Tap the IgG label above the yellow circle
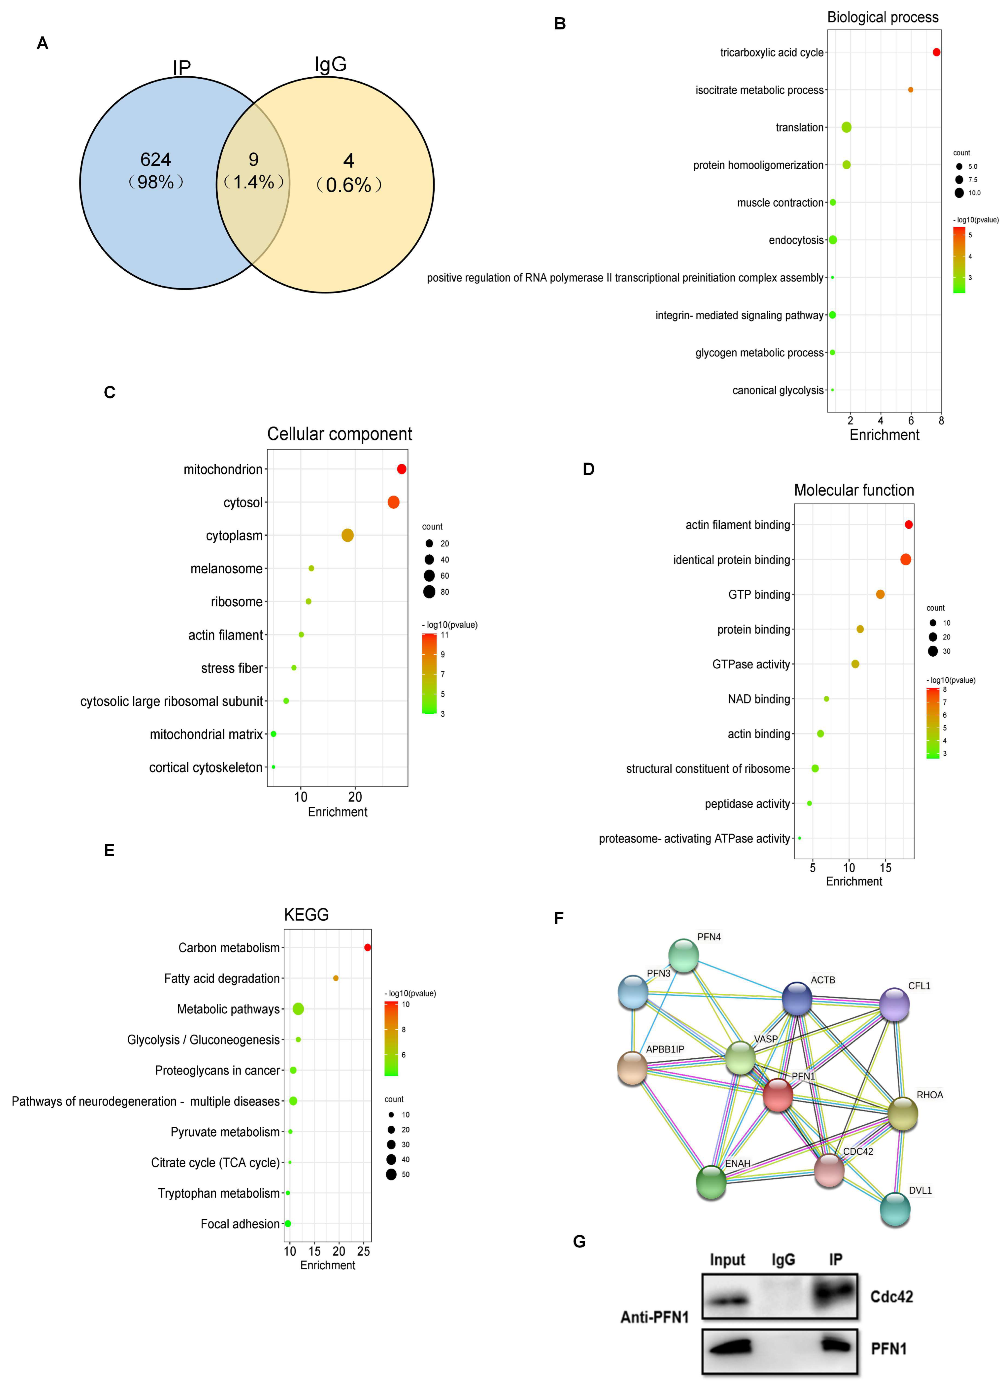point(330,64)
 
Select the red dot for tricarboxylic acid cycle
point(936,52)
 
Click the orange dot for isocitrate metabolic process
point(911,90)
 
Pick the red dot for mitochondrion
point(401,469)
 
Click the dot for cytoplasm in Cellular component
point(347,536)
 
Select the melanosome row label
point(226,569)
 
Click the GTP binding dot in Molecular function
point(880,594)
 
